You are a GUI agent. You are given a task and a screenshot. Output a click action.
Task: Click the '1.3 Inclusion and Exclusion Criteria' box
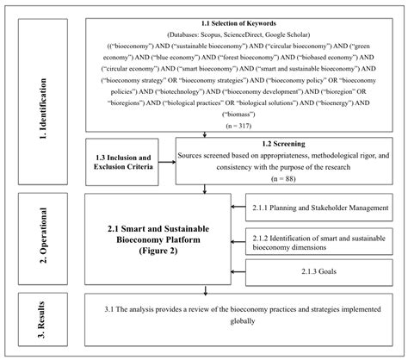pyautogui.click(x=126, y=161)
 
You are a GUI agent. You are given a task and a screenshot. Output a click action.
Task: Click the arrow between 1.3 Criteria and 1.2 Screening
pyautogui.click(x=170, y=161)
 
